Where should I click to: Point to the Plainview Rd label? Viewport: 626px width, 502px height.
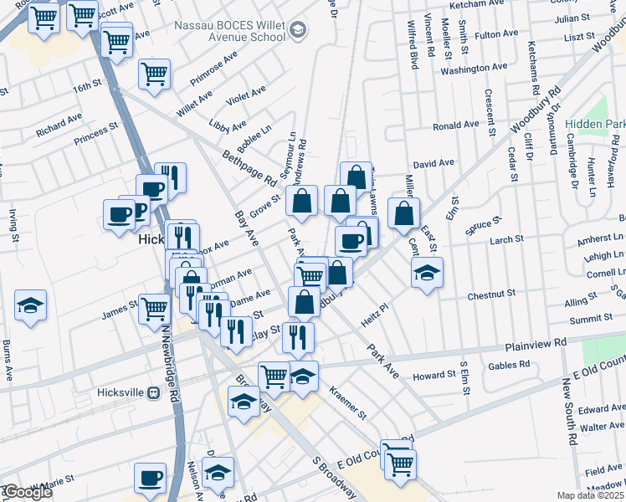click(x=536, y=344)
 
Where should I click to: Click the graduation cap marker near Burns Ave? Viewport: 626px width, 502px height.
click(x=31, y=305)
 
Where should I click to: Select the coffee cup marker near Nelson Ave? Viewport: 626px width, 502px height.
click(x=151, y=479)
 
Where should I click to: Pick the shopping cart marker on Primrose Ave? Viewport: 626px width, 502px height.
click(x=154, y=74)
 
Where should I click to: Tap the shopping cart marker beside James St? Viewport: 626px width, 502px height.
click(x=154, y=309)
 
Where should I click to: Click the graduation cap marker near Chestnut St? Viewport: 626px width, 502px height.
click(x=427, y=273)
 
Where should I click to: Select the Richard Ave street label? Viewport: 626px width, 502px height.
click(x=59, y=126)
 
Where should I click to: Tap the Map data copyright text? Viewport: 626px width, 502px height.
click(x=591, y=495)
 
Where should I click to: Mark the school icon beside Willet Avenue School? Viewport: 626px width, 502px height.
click(x=297, y=32)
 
